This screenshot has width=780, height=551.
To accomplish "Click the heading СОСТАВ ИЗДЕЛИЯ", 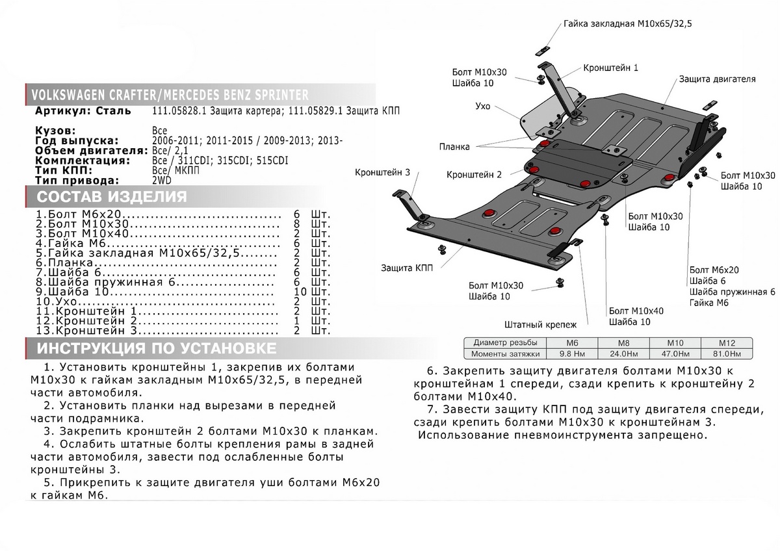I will point(112,197).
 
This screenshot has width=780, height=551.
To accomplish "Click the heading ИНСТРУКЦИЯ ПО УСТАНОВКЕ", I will point(156,348).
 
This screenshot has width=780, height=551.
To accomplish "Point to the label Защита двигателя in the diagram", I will point(717,79).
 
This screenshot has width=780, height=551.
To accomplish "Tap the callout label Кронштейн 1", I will point(610,68).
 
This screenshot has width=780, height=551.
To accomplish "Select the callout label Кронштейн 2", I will point(474,175).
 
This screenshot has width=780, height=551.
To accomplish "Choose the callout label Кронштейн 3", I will point(382,173).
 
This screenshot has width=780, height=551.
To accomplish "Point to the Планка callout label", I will point(454,147).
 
